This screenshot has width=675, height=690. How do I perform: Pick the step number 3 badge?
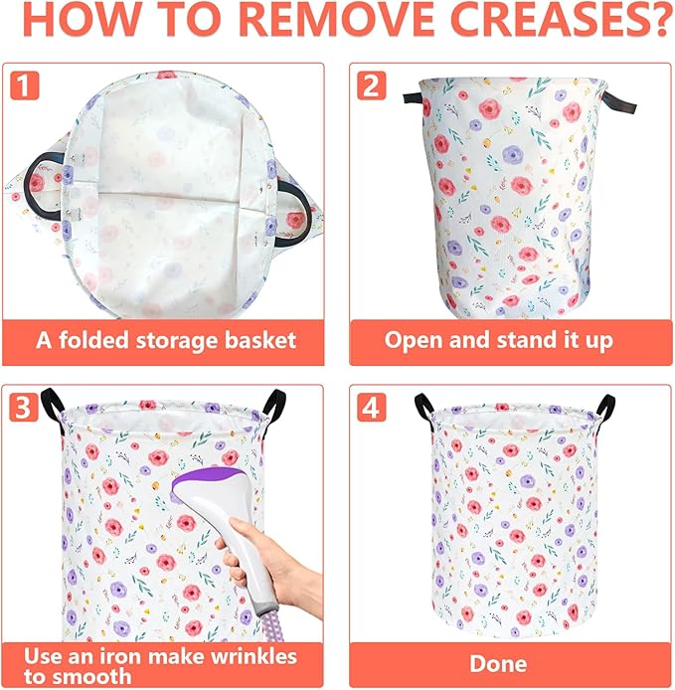click(25, 407)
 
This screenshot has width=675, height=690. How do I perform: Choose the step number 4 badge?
click(372, 407)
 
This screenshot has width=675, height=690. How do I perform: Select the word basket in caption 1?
click(263, 340)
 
